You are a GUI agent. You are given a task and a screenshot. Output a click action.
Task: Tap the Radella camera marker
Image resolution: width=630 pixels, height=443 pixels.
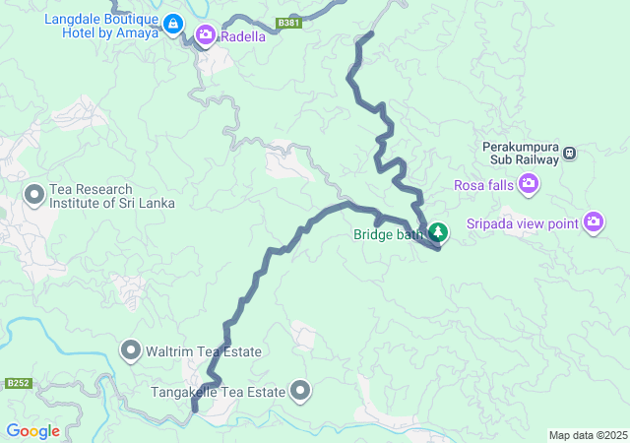coord(206,36)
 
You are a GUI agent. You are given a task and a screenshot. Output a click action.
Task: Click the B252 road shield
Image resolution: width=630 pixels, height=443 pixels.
coord(18,383)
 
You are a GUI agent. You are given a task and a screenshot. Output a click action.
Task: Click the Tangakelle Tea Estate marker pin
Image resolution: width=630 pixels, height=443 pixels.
coord(300,392)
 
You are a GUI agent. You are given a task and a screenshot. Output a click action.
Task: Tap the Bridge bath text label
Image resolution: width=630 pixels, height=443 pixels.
coord(388,234)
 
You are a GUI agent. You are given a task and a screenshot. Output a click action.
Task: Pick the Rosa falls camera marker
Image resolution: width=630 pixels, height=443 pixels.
coord(530,184)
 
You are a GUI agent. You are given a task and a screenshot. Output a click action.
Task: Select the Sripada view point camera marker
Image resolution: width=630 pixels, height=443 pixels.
coord(593,222)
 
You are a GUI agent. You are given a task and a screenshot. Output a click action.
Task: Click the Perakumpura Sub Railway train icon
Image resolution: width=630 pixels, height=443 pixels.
coord(569,154)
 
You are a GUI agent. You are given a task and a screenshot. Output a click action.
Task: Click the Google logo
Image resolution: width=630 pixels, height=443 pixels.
coord(32,431)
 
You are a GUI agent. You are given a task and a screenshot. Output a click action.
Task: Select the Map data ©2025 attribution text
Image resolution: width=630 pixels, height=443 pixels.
coord(588,435)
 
